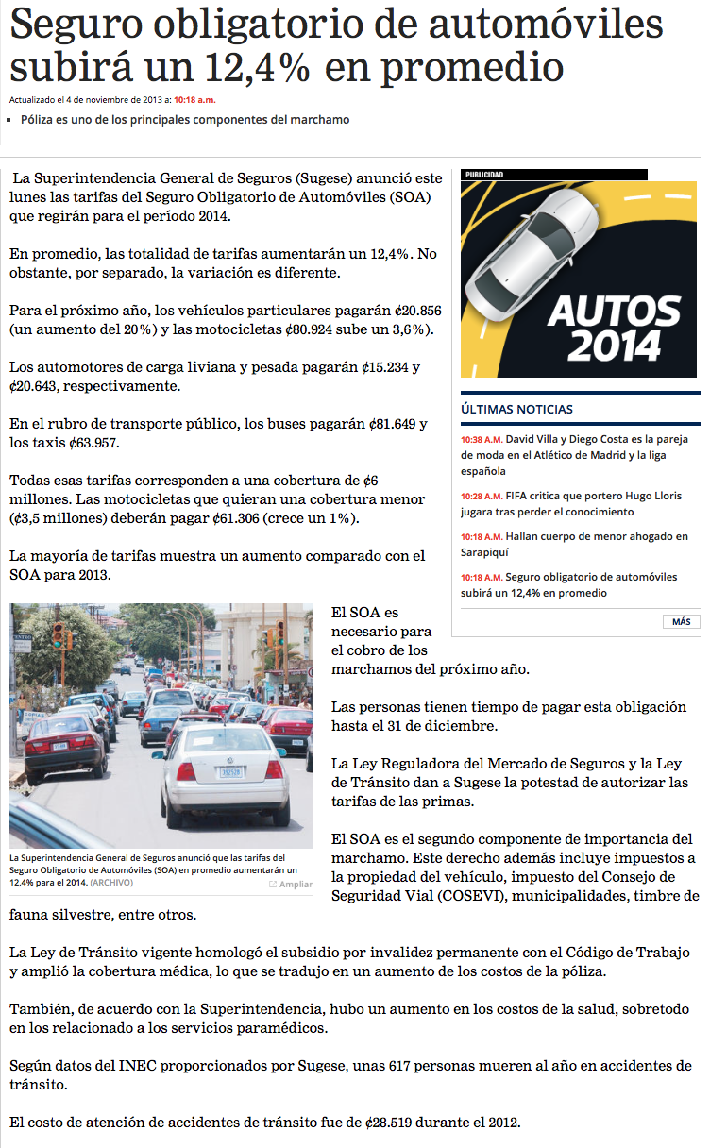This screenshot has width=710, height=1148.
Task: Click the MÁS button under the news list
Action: [681, 621]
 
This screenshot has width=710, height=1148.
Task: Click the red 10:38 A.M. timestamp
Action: [482, 440]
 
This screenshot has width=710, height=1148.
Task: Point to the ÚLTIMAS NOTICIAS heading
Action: [516, 409]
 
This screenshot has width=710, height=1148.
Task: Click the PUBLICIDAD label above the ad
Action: [484, 175]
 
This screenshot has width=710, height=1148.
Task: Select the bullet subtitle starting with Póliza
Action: [185, 120]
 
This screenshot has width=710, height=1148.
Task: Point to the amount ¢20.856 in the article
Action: [416, 311]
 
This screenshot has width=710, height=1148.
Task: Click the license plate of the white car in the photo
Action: [230, 771]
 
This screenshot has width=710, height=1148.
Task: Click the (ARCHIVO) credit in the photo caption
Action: [111, 883]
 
